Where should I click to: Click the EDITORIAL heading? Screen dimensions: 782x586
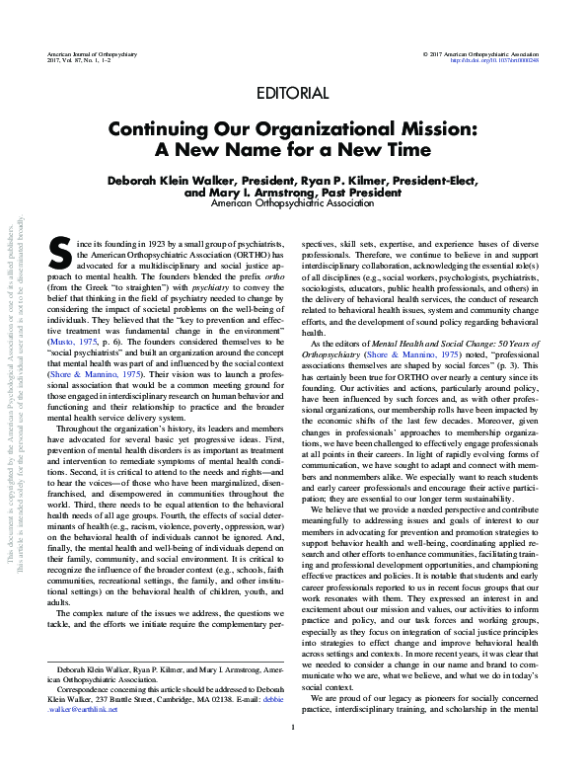pos(292,94)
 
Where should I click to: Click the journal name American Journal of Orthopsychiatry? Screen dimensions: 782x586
pos(93,50)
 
